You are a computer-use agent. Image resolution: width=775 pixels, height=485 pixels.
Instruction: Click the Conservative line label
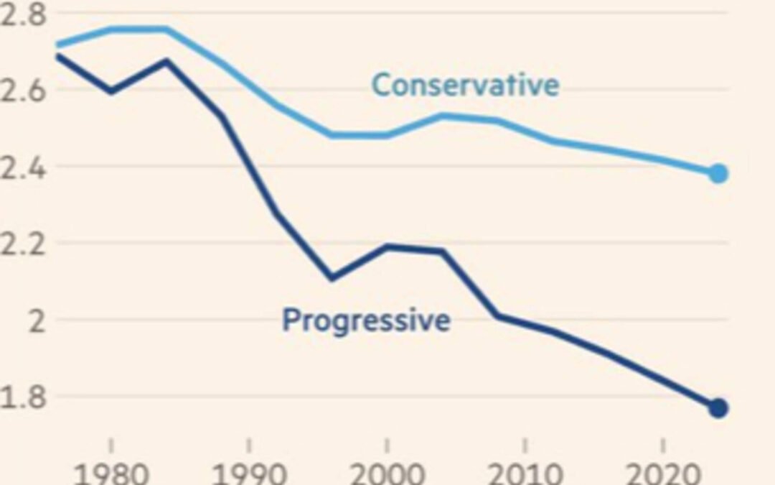point(465,86)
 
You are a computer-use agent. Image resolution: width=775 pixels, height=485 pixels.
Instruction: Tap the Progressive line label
point(366,320)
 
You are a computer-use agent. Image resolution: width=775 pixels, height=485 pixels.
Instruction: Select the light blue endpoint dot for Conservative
point(718,173)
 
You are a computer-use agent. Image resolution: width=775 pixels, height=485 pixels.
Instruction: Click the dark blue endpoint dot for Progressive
point(718,408)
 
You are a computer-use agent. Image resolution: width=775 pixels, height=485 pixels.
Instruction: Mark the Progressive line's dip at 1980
point(111,92)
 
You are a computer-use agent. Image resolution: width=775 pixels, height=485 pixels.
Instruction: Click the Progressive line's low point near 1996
point(332,278)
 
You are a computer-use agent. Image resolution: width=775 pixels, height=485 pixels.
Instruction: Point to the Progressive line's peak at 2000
point(387,247)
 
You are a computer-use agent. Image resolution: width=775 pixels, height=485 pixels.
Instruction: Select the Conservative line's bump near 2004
point(442,115)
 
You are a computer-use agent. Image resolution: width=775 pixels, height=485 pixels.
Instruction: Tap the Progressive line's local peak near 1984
point(166,61)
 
